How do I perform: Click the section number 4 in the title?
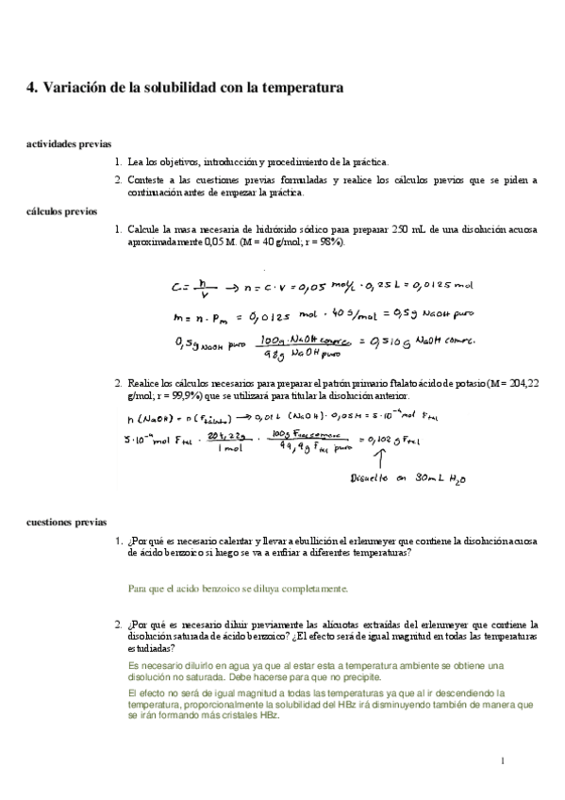[30, 88]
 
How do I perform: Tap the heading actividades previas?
[68, 144]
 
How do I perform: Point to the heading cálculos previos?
[61, 212]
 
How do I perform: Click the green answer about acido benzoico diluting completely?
[238, 589]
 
